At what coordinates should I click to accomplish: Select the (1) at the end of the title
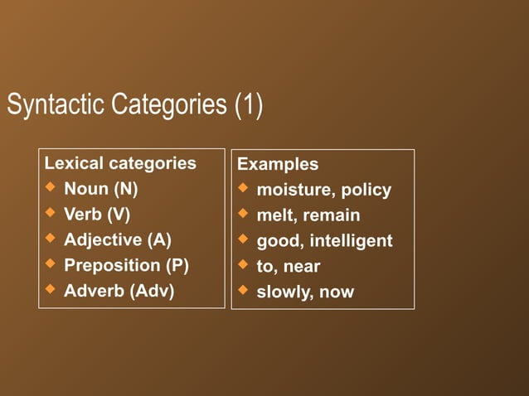tap(248, 106)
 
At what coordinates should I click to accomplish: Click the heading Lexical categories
tap(120, 163)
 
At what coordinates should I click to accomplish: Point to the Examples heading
tap(278, 164)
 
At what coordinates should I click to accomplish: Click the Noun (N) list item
tap(101, 189)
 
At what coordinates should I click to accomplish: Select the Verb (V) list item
tap(97, 215)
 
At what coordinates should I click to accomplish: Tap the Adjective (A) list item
tap(118, 240)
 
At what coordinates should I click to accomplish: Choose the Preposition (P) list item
tap(126, 266)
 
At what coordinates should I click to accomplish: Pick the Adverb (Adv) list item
tap(119, 292)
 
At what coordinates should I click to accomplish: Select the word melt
tap(274, 216)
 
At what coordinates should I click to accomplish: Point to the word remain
tap(331, 216)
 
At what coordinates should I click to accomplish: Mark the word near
tap(302, 267)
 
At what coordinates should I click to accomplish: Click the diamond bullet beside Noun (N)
tap(50, 188)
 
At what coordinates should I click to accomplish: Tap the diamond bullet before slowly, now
tap(242, 291)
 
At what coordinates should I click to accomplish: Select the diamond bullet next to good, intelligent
tap(242, 240)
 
